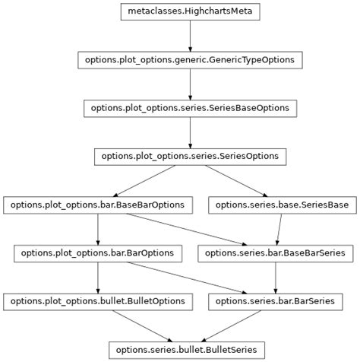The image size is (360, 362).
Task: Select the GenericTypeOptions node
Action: pyautogui.click(x=189, y=59)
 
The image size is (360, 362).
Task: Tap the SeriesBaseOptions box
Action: pyautogui.click(x=189, y=108)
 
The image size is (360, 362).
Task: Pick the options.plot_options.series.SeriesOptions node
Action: pyautogui.click(x=189, y=156)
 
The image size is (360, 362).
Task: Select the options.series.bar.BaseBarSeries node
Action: pyautogui.click(x=274, y=252)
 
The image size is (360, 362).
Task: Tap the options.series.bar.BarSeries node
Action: pyautogui.click(x=274, y=301)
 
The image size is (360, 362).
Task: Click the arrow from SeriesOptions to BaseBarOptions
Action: pyautogui.click(x=144, y=180)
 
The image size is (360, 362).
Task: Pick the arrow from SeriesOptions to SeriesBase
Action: pyautogui.click(x=235, y=180)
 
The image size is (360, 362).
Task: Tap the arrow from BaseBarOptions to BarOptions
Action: pyautogui.click(x=98, y=228)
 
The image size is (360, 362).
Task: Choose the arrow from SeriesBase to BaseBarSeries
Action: pyautogui.click(x=279, y=228)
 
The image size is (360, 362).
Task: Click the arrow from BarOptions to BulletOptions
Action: pyautogui.click(x=98, y=277)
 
